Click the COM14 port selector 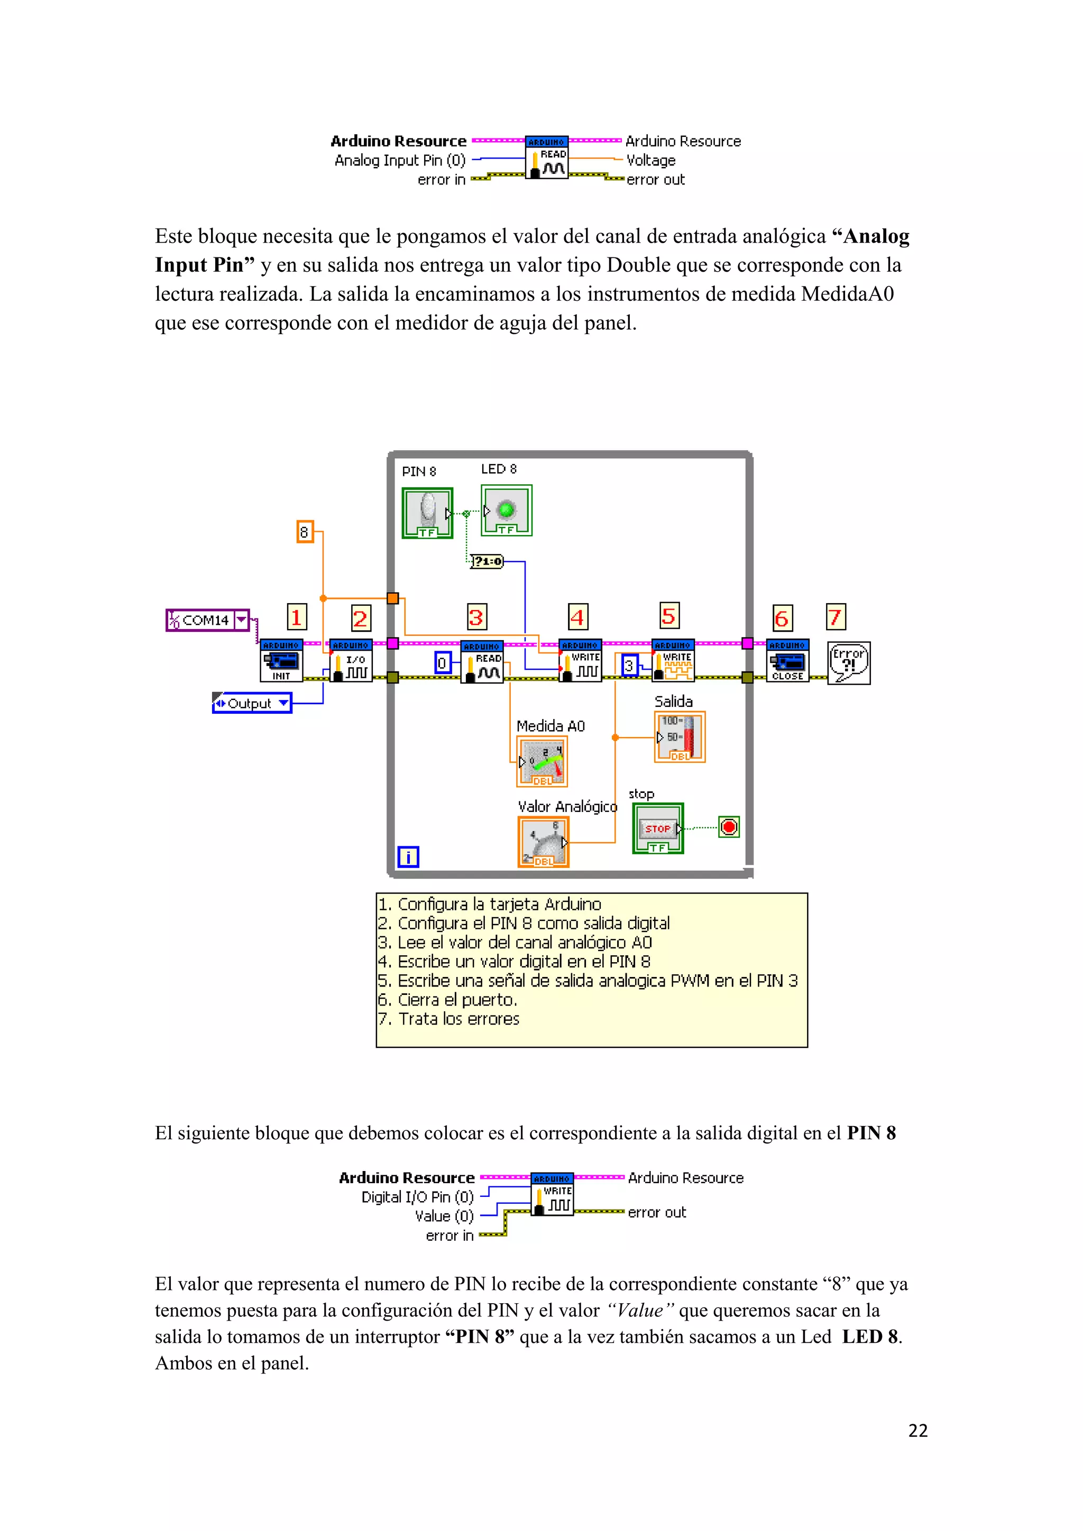(207, 620)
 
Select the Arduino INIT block (281, 661)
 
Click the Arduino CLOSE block (787, 661)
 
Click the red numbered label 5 (668, 615)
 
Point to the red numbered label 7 (835, 617)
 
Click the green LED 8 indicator (506, 510)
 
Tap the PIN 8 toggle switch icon (427, 513)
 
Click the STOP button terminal (657, 828)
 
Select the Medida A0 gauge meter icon (542, 761)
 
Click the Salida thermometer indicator (680, 737)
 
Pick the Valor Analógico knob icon (543, 842)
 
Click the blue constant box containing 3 (629, 665)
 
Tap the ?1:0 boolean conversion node (487, 561)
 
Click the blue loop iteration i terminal (408, 856)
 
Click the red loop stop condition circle (728, 827)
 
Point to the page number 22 (917, 1431)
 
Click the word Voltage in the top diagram (651, 160)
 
